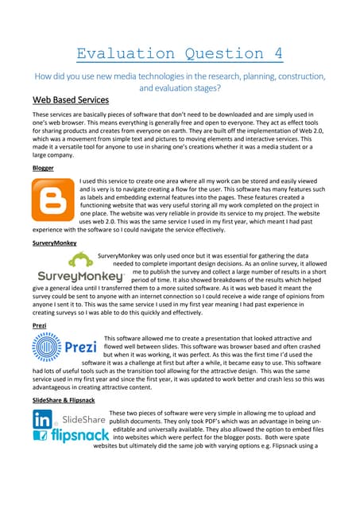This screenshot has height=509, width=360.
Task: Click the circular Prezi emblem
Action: pyautogui.click(x=48, y=348)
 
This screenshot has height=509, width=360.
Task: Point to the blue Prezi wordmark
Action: pyautogui.click(x=80, y=348)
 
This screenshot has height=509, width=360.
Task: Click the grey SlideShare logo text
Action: pyautogui.click(x=83, y=418)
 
